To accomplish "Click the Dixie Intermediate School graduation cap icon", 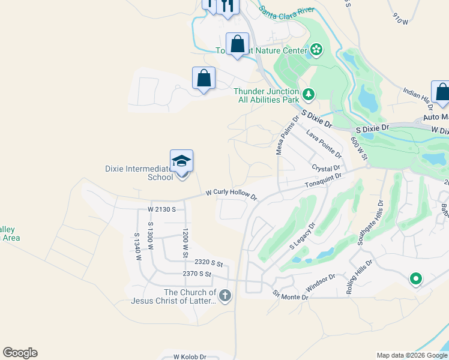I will [x=181, y=162].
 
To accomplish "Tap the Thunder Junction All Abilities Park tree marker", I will [x=309, y=94].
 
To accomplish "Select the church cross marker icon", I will [x=225, y=295].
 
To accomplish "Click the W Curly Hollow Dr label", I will [x=231, y=195].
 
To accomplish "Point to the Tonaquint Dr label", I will [x=323, y=181].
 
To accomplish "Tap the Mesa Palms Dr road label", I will [x=287, y=136].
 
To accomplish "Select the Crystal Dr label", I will [x=326, y=169].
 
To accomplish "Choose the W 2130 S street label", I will [x=161, y=209].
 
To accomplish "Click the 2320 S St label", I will [x=209, y=263].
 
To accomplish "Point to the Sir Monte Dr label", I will [x=290, y=296].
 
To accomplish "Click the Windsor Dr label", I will [x=319, y=281].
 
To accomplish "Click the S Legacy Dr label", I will [x=303, y=238].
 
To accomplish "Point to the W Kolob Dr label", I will [x=190, y=356].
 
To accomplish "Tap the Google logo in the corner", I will [x=20, y=353].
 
